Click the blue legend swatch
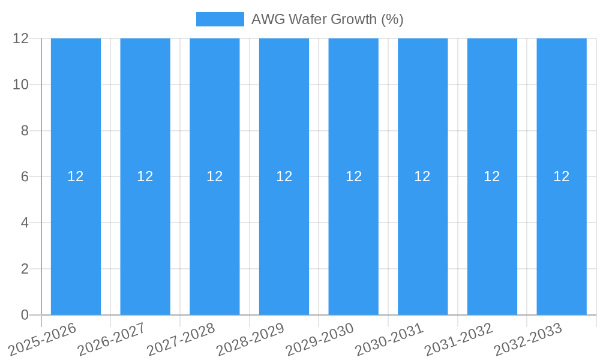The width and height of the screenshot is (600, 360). coord(220,19)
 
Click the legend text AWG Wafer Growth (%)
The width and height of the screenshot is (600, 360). coord(327,19)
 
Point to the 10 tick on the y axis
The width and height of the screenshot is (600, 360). coord(21,85)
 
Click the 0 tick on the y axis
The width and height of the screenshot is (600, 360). coord(25,315)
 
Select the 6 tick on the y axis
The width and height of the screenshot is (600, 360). coord(25,177)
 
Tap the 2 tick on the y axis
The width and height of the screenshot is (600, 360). coord(25,269)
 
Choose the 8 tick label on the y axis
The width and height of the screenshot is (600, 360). coord(25,131)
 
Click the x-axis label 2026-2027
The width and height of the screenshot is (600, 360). coord(112,339)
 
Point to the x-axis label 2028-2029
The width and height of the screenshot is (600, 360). coord(250,339)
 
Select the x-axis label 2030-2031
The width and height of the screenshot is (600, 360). coord(389,339)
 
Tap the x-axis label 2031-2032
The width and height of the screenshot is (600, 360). coord(459,339)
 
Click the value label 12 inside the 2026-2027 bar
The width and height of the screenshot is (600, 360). coord(145,176)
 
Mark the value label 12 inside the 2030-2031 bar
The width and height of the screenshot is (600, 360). coord(422,176)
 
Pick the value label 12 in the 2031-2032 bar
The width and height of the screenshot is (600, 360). coord(492,176)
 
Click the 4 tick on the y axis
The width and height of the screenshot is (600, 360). coord(25,223)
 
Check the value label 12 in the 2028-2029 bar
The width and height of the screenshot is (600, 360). coord(284,176)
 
